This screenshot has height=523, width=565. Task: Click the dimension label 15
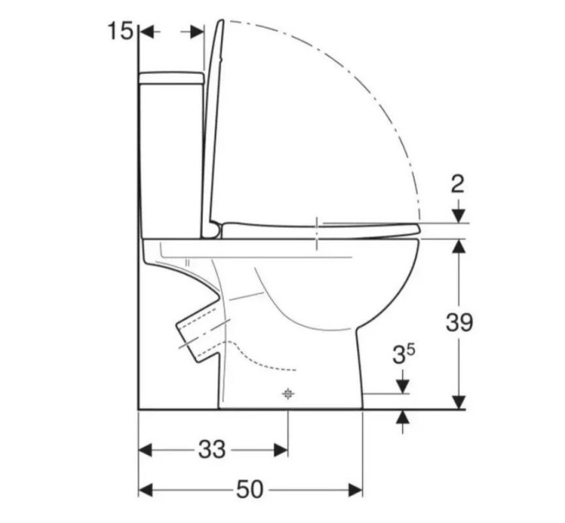pyautogui.click(x=120, y=31)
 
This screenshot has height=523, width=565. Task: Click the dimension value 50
pyautogui.click(x=250, y=490)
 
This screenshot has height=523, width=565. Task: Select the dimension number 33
pyautogui.click(x=212, y=450)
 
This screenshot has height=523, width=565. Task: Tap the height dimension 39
pyautogui.click(x=459, y=322)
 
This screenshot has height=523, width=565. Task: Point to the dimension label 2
pyautogui.click(x=458, y=184)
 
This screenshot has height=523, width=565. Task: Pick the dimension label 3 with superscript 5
pyautogui.click(x=404, y=354)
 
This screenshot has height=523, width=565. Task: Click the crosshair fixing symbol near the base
pyautogui.click(x=287, y=393)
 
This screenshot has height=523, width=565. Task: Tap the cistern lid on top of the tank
pyautogui.click(x=171, y=78)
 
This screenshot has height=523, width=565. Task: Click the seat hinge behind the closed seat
pyautogui.click(x=214, y=231)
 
